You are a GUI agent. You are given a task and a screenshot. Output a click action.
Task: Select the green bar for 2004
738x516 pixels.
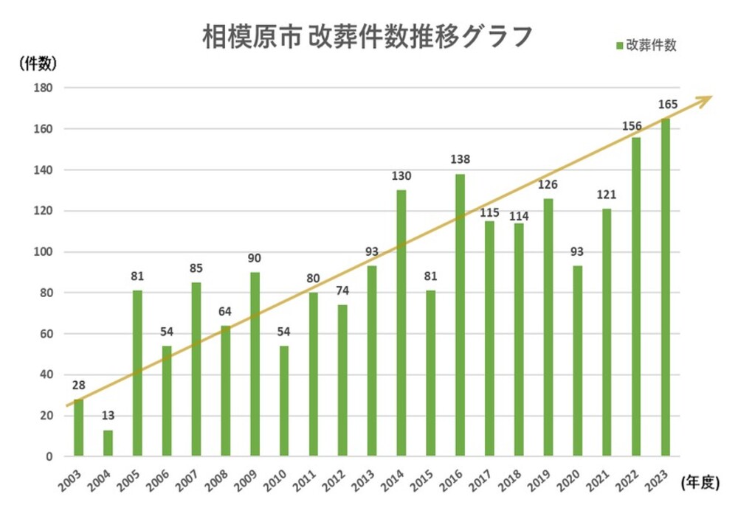[108, 443]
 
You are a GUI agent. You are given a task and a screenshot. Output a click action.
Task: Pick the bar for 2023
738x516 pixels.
[666, 287]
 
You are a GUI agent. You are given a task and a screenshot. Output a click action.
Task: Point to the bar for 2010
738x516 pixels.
[284, 401]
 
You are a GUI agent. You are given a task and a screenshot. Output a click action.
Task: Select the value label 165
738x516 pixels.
[666, 104]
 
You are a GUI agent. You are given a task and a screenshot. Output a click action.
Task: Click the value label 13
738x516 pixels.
[108, 416]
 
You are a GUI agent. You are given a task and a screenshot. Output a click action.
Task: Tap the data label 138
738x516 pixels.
[460, 159]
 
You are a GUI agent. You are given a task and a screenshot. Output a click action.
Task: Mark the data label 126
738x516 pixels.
[548, 184]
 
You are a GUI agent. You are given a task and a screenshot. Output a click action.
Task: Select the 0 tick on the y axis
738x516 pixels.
[49, 457]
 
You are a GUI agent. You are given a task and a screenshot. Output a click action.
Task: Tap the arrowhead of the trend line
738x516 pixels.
[706, 99]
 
